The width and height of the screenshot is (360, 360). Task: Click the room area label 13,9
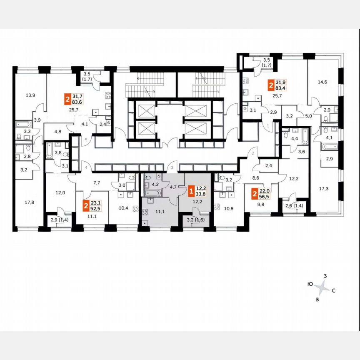point(30,95)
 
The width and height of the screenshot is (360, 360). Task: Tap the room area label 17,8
point(29,203)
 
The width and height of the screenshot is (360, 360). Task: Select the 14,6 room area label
point(322,82)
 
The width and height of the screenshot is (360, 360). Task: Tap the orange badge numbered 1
point(191,192)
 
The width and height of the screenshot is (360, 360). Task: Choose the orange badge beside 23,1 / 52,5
point(86,205)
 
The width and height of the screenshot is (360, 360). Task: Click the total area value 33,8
point(201,195)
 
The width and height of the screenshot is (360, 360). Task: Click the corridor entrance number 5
point(86,140)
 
